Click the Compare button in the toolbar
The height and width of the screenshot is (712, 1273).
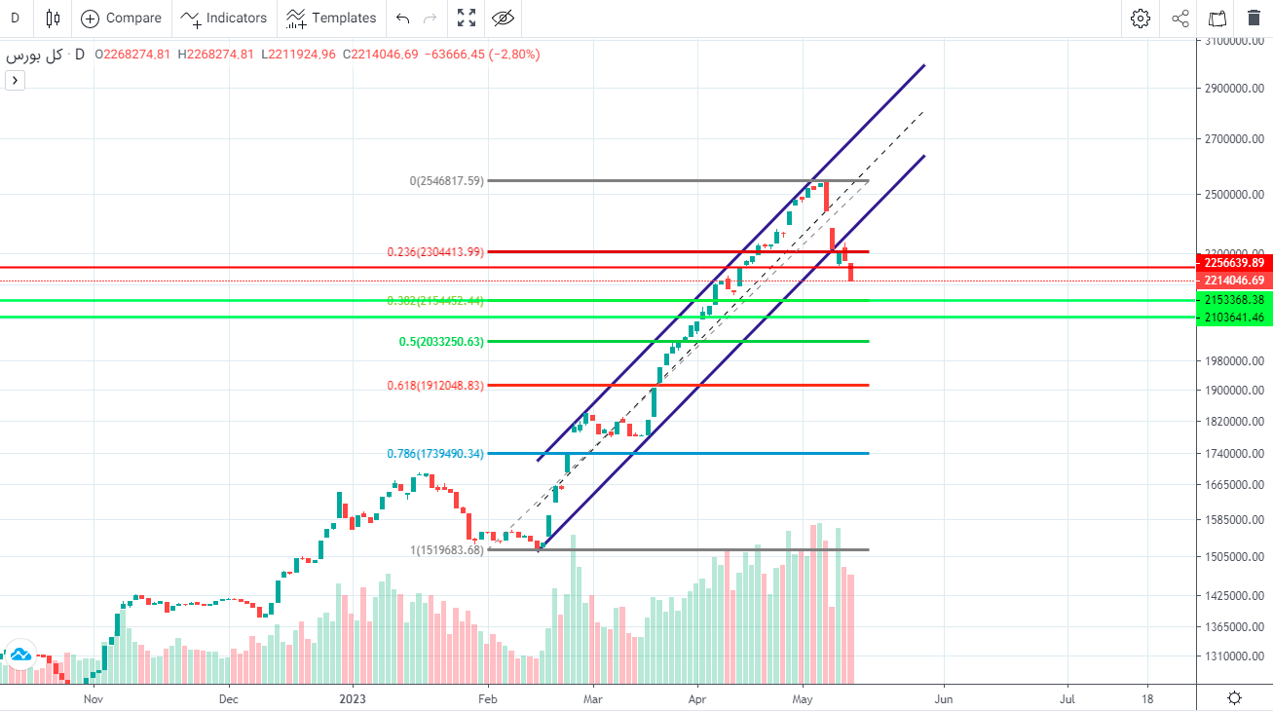122,18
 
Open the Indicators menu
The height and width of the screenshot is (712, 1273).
223,18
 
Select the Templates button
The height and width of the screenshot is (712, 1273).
331,18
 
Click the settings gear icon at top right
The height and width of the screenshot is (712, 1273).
1140,18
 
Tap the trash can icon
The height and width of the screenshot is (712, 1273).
1254,18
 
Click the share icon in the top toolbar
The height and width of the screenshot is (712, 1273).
1179,18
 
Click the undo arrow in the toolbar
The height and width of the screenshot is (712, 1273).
403,18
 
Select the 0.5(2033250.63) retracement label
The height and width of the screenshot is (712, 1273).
441,342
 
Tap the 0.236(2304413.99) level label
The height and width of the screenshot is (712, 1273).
435,252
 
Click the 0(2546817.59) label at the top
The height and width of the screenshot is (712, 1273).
446,181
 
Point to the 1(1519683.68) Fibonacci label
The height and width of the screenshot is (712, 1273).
446,550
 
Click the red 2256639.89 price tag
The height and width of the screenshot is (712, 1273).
1234,263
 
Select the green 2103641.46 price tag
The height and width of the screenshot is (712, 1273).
1234,318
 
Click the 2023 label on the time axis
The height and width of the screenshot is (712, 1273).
352,698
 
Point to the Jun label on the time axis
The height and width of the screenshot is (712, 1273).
943,698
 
